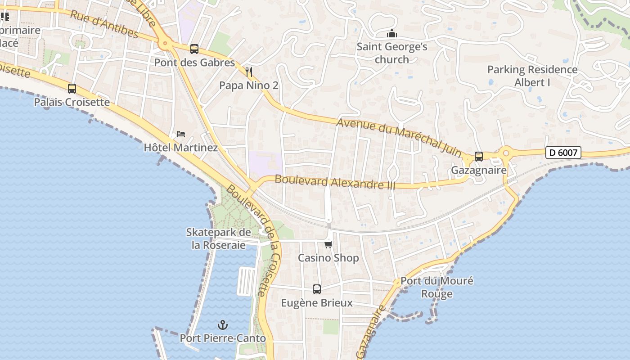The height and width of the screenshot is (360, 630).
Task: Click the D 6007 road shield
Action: coord(563,153)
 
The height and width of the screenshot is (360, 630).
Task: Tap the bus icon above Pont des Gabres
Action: coord(194,49)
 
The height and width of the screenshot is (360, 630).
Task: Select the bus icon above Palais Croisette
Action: coord(72,88)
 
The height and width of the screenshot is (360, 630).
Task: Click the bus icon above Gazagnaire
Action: coord(479,156)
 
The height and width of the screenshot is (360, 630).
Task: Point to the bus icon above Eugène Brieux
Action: coord(317,289)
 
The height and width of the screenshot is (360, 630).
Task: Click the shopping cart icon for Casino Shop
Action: coord(328,244)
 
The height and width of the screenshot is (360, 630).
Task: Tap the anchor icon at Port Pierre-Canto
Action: coord(222,324)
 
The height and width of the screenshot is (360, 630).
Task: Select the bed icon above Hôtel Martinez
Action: coord(181,134)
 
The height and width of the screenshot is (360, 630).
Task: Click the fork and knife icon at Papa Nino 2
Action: coord(249,71)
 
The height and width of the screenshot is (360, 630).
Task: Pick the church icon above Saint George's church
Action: coord(392,33)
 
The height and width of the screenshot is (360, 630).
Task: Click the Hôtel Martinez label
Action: coord(180,148)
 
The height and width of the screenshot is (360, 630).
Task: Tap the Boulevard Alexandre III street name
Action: coord(335,182)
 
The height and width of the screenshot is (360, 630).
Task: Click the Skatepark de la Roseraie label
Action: coord(219,238)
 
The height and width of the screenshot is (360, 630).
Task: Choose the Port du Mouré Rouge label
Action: coord(437,287)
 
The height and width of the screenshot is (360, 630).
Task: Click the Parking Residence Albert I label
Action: coord(532,76)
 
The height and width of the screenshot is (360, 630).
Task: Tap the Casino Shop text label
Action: coord(328,258)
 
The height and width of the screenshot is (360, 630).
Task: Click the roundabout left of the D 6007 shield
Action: coord(506,153)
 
